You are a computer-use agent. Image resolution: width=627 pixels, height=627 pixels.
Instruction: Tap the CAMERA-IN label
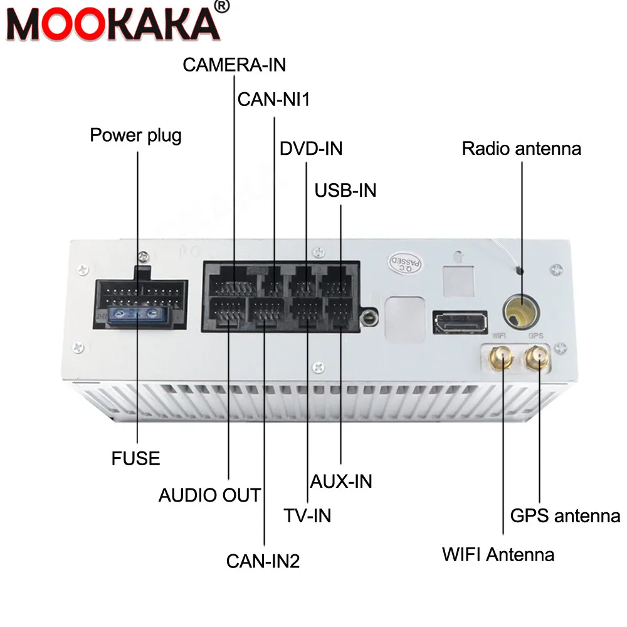tap(234, 65)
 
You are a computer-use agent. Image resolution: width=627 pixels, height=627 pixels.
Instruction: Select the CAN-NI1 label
tap(274, 100)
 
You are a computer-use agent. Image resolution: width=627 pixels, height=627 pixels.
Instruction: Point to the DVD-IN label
tap(311, 149)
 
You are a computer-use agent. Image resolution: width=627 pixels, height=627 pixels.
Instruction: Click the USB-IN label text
tap(345, 190)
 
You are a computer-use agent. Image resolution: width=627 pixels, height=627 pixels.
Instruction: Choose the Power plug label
tap(136, 135)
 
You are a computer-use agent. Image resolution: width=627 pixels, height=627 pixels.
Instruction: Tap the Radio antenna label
tap(521, 149)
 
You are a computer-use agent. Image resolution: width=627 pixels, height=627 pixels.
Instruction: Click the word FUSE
tap(136, 458)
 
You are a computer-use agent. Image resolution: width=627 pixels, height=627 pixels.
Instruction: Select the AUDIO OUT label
tap(209, 495)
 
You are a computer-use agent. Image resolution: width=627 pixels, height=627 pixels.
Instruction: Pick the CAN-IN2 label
tap(263, 561)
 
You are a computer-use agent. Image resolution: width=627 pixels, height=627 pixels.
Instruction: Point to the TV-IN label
tap(307, 515)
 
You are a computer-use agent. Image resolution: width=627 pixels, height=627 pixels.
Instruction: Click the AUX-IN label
tap(342, 481)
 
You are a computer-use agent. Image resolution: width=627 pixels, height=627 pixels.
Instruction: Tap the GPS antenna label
tap(565, 515)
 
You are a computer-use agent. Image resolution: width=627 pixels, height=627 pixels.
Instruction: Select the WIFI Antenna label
tap(498, 554)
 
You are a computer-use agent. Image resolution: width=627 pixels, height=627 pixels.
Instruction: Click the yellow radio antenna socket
tap(520, 310)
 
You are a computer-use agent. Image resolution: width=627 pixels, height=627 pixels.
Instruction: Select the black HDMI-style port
tap(459, 322)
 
